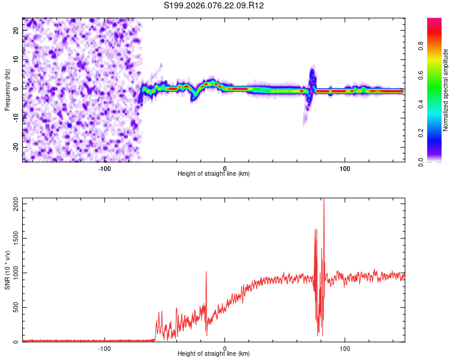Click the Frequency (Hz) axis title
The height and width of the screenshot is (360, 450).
[x=7, y=89]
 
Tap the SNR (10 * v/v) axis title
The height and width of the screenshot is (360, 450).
[x=7, y=270]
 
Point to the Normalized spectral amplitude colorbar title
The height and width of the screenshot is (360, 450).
[x=446, y=89]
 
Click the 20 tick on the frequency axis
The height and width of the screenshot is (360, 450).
[x=16, y=31]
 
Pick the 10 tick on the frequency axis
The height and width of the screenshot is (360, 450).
[x=16, y=59]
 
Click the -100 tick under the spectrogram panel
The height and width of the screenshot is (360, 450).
[x=104, y=168]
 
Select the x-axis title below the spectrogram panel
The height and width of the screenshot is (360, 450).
[x=214, y=174]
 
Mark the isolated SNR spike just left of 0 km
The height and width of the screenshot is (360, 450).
[x=206, y=273]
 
